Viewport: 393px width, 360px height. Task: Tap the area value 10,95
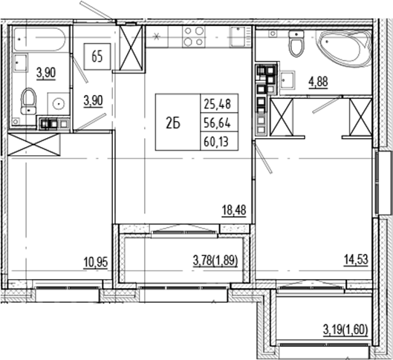pos(96,261)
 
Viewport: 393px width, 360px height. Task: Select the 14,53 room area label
pos(356,261)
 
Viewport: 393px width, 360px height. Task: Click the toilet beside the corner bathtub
pos(296,44)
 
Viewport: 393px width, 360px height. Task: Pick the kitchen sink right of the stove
pos(237,37)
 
